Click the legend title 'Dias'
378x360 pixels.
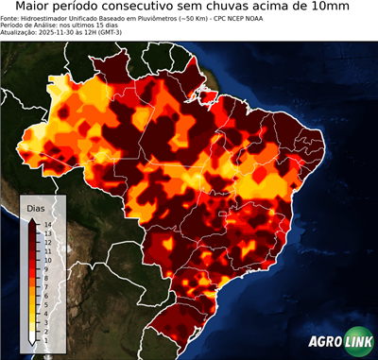click(x=35, y=207)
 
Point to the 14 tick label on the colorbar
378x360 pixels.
click(x=46, y=224)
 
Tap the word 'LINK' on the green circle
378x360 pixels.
click(x=356, y=341)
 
